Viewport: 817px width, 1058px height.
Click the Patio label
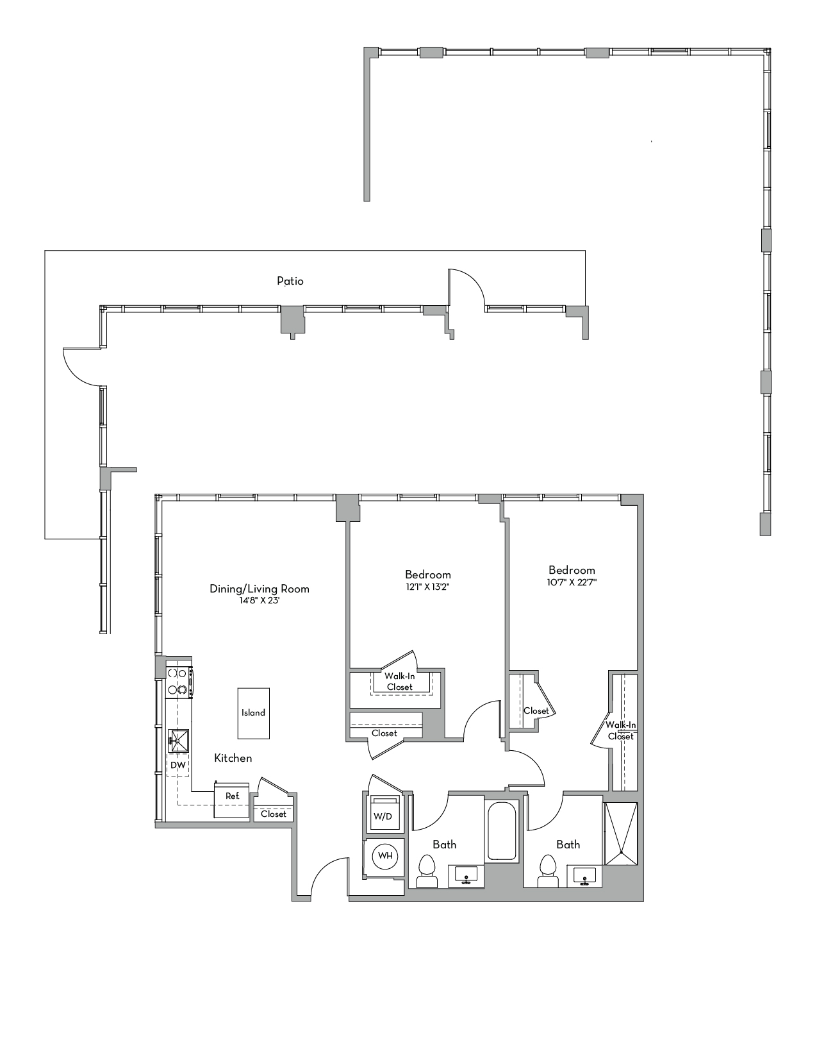[x=290, y=281]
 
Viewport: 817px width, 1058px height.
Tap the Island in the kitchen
[x=254, y=713]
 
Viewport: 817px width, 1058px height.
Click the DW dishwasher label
[x=178, y=766]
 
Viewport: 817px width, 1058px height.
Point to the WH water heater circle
[x=385, y=855]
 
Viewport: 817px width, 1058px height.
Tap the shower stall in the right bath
[x=620, y=834]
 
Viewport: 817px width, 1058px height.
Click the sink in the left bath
[x=466, y=877]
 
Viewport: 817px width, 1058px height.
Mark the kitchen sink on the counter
[x=179, y=740]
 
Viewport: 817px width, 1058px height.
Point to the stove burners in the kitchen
[x=177, y=682]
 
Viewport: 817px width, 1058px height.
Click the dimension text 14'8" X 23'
[x=260, y=601]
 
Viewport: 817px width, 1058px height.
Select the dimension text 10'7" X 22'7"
[x=572, y=582]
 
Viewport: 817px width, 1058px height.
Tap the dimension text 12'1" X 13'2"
[x=427, y=587]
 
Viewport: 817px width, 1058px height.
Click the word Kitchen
[x=233, y=758]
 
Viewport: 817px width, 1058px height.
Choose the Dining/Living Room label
[x=260, y=589]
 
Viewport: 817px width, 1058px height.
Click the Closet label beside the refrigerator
[x=274, y=814]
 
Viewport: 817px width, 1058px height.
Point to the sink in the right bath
[x=586, y=877]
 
